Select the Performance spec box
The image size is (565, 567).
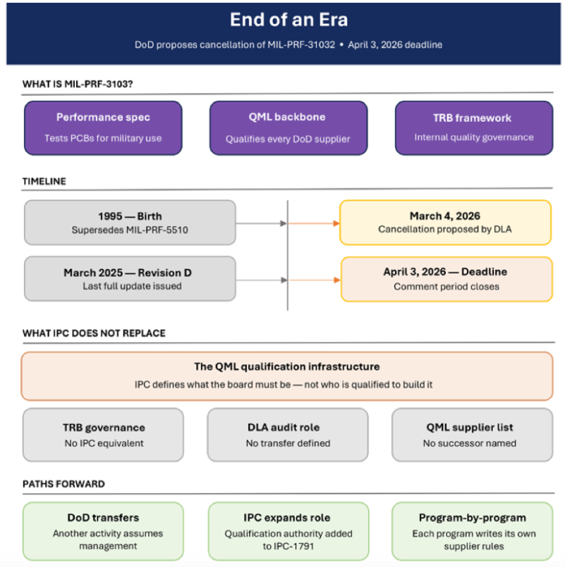click(x=103, y=127)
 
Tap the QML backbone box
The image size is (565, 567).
click(x=288, y=127)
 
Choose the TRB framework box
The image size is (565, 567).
click(x=473, y=127)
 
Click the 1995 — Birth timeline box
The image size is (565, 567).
click(x=130, y=223)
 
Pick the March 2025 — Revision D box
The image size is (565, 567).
click(x=130, y=279)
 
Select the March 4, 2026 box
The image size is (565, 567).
click(x=445, y=223)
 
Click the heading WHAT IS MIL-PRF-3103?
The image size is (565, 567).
click(x=78, y=85)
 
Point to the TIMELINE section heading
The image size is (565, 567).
click(x=44, y=181)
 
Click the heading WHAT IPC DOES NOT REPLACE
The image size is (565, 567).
click(x=94, y=333)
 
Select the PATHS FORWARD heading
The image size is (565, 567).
click(x=63, y=484)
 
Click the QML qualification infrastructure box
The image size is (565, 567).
click(x=287, y=375)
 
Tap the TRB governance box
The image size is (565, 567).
click(x=103, y=435)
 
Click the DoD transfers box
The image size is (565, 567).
click(x=103, y=531)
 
